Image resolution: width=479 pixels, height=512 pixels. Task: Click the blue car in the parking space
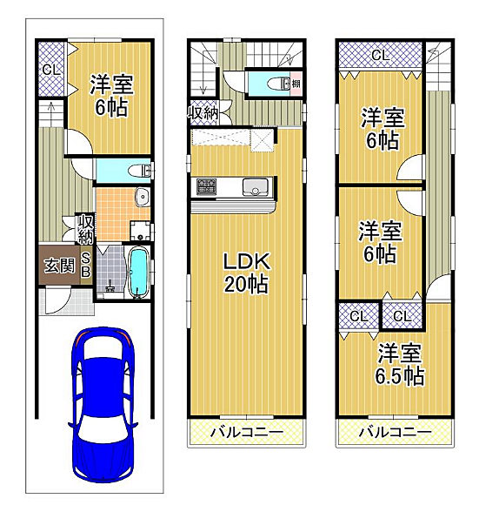[x=103, y=405]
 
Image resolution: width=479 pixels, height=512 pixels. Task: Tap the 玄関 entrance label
[x=59, y=265]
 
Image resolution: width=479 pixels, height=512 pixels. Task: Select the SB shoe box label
[x=86, y=265]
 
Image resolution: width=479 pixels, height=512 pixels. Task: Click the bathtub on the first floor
[x=139, y=272]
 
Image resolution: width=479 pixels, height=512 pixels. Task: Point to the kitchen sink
[x=255, y=186]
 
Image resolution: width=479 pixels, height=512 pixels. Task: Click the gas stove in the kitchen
[x=206, y=186]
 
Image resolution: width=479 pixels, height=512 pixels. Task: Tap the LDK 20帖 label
[x=247, y=273]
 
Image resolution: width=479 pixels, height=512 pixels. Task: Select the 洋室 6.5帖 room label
[x=399, y=364]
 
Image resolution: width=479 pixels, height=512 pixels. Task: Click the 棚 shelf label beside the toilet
[x=296, y=84]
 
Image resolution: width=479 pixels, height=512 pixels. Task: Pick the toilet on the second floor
[x=278, y=84]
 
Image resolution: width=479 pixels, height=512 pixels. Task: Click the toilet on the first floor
[x=139, y=171]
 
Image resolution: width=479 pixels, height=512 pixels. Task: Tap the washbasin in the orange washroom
[x=143, y=197]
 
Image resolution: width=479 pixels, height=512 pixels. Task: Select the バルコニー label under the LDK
[x=247, y=432]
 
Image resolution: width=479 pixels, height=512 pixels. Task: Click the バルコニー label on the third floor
[x=396, y=432]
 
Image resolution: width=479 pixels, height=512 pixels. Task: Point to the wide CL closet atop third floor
[x=381, y=55]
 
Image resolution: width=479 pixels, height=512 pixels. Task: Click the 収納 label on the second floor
[x=203, y=113]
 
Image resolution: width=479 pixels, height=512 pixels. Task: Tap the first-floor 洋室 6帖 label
[x=111, y=96]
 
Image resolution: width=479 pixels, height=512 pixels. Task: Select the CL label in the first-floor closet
[x=51, y=70]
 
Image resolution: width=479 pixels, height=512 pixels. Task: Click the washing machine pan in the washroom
[x=141, y=231]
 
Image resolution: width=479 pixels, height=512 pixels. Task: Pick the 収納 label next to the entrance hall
[x=86, y=229]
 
